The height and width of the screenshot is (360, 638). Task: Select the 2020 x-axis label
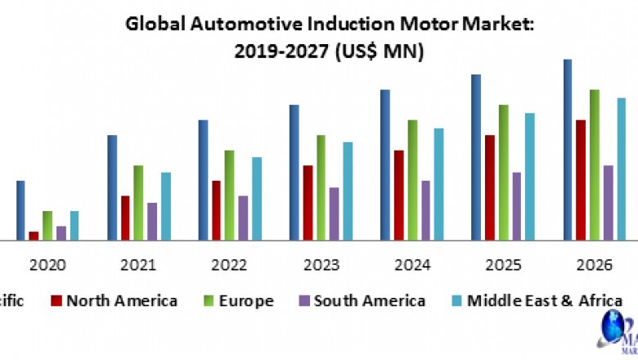point(47,265)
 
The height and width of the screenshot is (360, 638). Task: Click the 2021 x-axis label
point(138,265)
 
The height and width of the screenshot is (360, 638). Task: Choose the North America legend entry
point(114,300)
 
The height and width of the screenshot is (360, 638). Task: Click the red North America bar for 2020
point(34,236)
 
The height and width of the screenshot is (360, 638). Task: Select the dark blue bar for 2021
point(112,187)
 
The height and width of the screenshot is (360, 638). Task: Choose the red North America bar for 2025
point(490,187)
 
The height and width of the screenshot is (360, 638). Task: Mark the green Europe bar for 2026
point(595,164)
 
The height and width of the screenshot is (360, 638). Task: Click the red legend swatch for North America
point(56,300)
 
